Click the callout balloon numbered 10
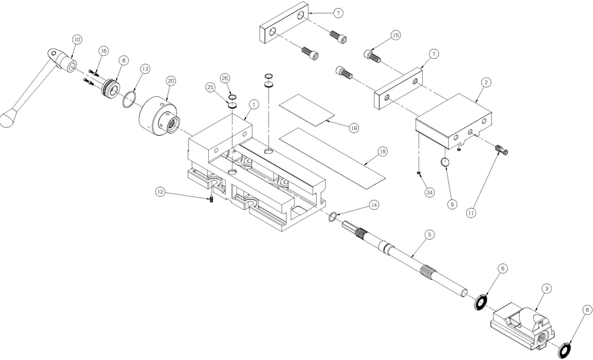click(76, 39)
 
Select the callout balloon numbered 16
click(103, 50)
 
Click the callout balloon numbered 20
click(170, 81)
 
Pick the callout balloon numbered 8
click(123, 60)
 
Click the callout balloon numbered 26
click(225, 78)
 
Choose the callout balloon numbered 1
click(253, 104)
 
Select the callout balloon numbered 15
click(396, 36)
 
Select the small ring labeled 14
click(333, 216)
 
